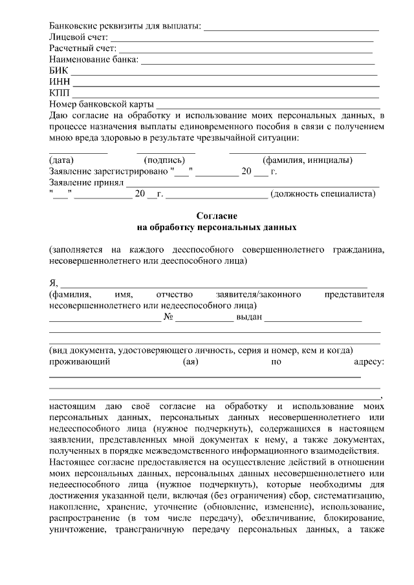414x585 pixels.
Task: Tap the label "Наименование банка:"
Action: click(x=94, y=60)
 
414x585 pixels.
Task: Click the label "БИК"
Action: click(x=58, y=71)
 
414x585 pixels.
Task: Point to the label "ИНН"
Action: click(x=60, y=82)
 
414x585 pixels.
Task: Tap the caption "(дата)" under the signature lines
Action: click(x=61, y=160)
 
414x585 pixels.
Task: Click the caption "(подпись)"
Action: click(x=164, y=160)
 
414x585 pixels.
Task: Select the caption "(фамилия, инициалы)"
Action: click(x=307, y=160)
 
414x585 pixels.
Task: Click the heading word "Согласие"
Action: click(x=217, y=215)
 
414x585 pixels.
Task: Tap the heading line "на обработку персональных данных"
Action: click(x=217, y=227)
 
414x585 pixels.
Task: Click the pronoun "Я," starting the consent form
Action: click(x=54, y=283)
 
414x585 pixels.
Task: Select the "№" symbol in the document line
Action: click(x=169, y=317)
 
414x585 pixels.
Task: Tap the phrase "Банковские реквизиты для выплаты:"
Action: click(x=125, y=27)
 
